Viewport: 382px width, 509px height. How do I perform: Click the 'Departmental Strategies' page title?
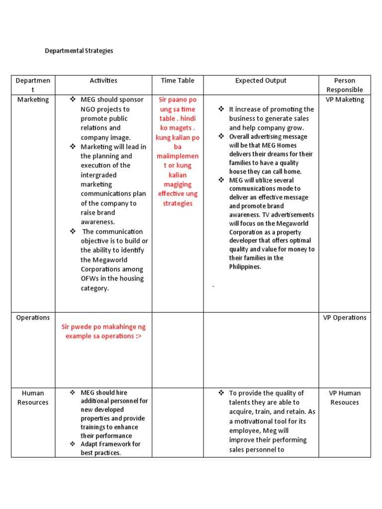click(x=79, y=51)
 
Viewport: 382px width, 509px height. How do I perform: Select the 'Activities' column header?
click(x=103, y=81)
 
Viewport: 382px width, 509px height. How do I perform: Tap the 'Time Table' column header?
click(x=178, y=81)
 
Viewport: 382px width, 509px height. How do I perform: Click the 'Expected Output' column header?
click(x=261, y=81)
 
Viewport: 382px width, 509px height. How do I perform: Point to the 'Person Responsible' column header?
click(x=345, y=85)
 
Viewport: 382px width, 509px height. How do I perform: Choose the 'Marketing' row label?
click(x=33, y=99)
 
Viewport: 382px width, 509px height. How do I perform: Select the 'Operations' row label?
click(x=33, y=318)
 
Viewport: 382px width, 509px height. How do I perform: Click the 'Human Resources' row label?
click(x=33, y=398)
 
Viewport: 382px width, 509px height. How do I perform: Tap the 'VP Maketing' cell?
click(x=345, y=99)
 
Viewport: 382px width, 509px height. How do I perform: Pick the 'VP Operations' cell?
click(x=345, y=318)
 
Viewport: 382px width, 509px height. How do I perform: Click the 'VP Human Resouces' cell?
click(x=345, y=398)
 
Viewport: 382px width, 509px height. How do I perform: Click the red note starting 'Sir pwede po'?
click(x=103, y=332)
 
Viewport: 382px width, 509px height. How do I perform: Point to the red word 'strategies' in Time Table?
click(x=178, y=203)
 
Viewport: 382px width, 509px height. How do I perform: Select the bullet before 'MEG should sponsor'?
click(x=73, y=99)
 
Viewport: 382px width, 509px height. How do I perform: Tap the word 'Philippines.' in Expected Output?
click(x=245, y=267)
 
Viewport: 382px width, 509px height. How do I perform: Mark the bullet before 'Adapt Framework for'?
click(x=73, y=444)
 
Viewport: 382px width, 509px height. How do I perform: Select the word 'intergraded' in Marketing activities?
click(x=98, y=175)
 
